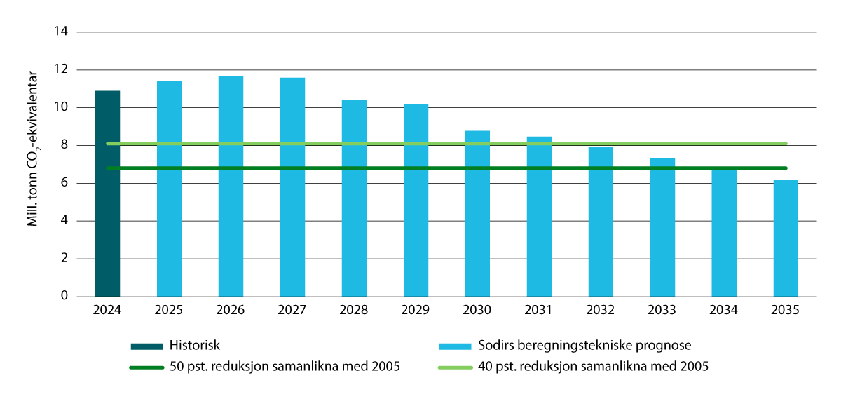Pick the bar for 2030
pos(477,213)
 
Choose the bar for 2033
pos(662,227)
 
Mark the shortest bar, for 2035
pos(786,238)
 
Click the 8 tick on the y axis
pos(64,145)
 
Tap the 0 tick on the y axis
pos(64,297)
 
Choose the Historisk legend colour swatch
pos(146,346)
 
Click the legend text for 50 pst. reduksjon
pos(285,366)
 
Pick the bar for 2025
pos(169,189)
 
